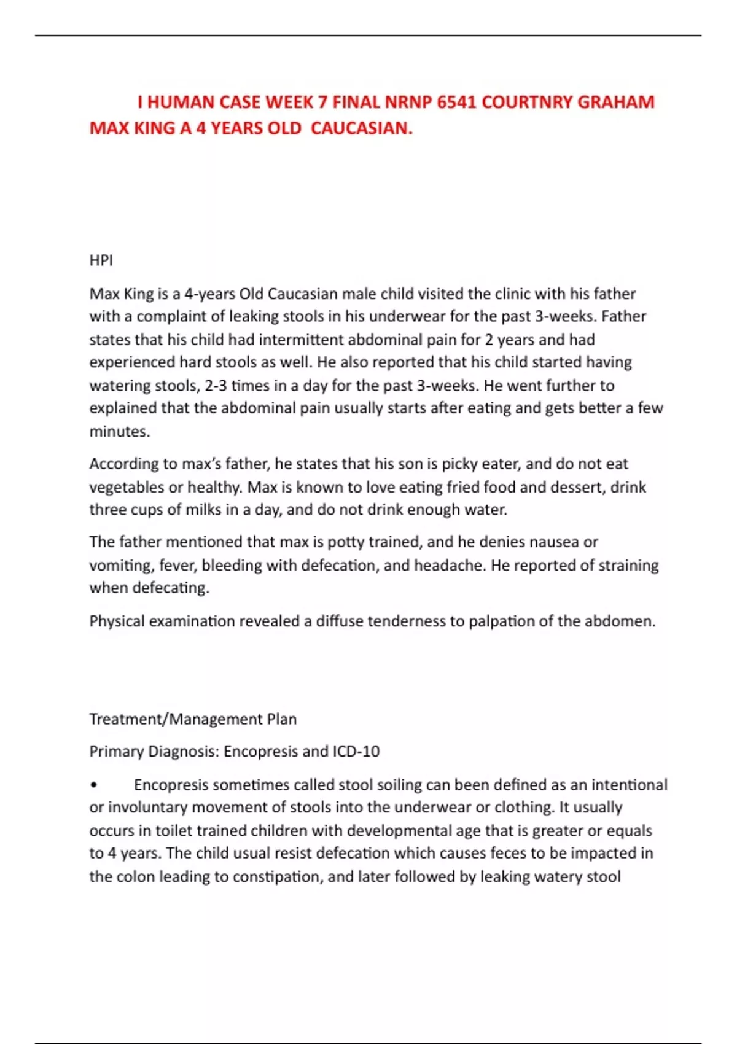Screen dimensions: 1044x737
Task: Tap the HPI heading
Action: pyautogui.click(x=101, y=260)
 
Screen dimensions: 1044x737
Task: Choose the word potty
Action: pyautogui.click(x=346, y=542)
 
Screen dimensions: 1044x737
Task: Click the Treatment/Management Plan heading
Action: pyautogui.click(x=193, y=719)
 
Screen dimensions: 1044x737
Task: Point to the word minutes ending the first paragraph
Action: pyautogui.click(x=119, y=432)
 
